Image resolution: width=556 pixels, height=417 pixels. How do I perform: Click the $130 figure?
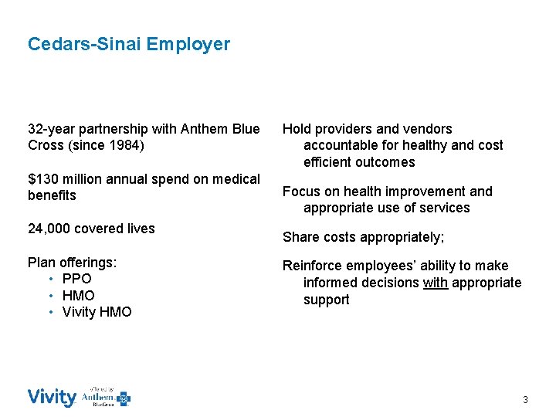(43, 179)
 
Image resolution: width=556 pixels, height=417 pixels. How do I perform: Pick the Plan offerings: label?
(72, 263)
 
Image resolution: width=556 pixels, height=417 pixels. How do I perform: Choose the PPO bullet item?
(76, 279)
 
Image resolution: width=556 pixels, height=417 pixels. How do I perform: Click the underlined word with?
(436, 283)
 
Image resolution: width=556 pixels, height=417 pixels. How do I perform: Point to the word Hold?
(297, 129)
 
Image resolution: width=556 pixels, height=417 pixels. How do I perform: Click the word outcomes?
(386, 162)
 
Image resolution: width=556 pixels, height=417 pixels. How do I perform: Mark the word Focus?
(300, 192)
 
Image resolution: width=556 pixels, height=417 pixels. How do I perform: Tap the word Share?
(300, 237)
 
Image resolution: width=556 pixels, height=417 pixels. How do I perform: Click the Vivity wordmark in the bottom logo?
(52, 398)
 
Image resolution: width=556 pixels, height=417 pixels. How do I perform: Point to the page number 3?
(525, 400)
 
